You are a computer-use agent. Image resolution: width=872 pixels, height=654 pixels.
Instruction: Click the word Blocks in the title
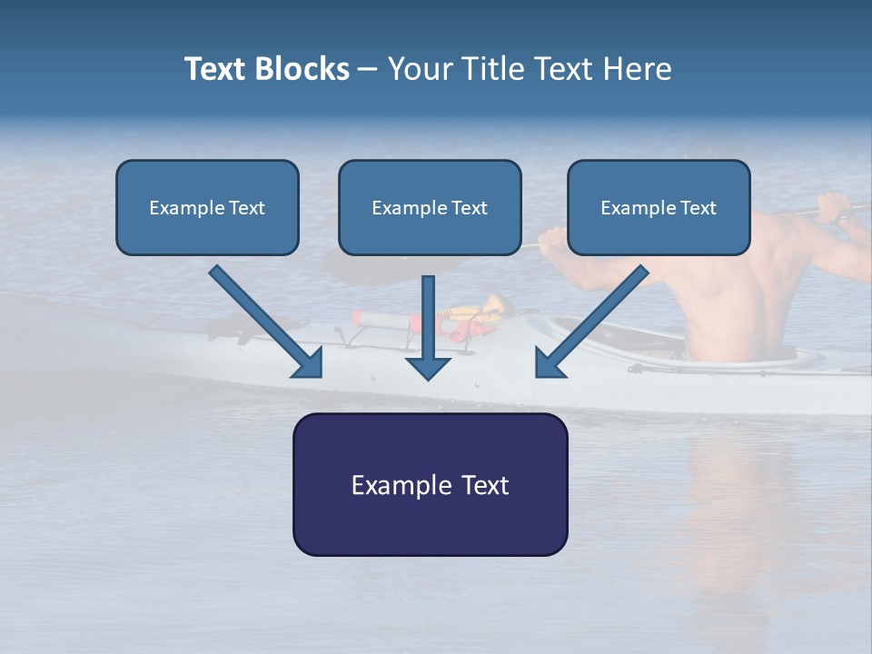[x=302, y=69]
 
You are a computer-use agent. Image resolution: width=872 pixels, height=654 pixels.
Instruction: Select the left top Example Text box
[x=207, y=207]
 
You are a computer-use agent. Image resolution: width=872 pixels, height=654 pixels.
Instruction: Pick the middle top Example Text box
[x=430, y=207]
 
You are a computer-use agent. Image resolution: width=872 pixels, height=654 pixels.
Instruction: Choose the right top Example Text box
[x=659, y=207]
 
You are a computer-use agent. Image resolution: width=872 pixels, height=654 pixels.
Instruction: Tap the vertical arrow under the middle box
[x=429, y=327]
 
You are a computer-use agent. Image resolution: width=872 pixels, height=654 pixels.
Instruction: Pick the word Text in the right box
[x=699, y=208]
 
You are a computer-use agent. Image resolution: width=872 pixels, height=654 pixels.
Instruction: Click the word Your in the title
[x=420, y=69]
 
